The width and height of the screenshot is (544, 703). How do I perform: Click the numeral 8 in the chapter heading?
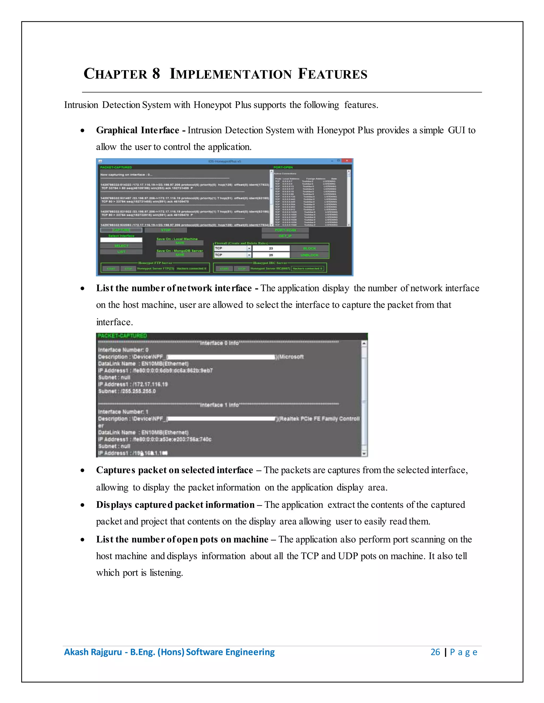[x=156, y=74]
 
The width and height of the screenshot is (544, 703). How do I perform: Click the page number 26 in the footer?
[x=435, y=652]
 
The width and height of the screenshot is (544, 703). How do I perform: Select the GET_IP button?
[x=285, y=236]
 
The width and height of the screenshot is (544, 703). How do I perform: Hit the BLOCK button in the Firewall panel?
[x=309, y=248]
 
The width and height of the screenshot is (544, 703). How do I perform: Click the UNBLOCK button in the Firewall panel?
[x=309, y=255]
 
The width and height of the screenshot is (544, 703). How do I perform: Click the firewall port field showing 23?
[x=271, y=248]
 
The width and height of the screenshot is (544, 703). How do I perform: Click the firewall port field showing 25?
[x=271, y=255]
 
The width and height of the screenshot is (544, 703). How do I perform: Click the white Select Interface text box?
[x=121, y=240]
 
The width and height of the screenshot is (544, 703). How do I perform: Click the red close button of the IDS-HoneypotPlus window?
[x=347, y=160]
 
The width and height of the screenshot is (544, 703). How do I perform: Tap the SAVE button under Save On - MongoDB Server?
[x=180, y=255]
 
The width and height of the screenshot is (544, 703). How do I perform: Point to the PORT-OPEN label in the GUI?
[x=283, y=167]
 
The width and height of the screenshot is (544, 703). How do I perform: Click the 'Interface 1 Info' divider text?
[x=219, y=405]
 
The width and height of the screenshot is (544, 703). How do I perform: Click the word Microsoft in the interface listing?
[x=291, y=357]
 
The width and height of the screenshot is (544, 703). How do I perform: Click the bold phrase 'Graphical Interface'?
[x=138, y=130]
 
